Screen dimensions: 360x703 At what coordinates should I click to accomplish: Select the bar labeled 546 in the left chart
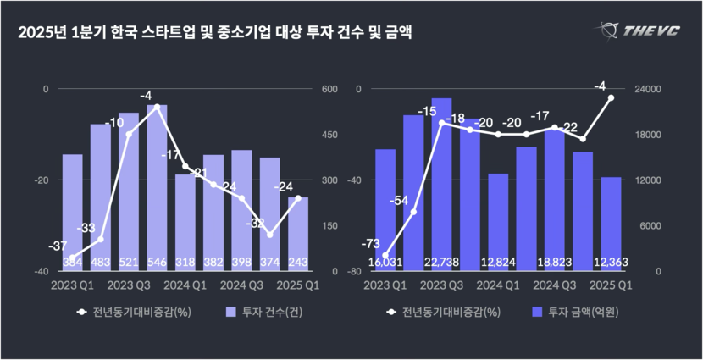(x=157, y=186)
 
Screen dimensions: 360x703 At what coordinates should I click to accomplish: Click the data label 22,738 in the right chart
(x=441, y=263)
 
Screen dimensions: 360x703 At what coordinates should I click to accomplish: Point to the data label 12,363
(x=611, y=263)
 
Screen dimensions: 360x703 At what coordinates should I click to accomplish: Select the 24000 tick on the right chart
(x=648, y=89)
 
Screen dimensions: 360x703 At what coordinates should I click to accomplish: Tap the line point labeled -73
(x=385, y=256)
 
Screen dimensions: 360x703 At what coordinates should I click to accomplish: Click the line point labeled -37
(x=72, y=258)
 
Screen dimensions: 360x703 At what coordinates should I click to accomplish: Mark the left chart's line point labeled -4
(x=157, y=107)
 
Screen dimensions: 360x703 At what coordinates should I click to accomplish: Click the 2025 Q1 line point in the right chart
(x=611, y=97)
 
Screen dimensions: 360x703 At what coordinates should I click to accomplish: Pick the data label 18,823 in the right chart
(x=555, y=263)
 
